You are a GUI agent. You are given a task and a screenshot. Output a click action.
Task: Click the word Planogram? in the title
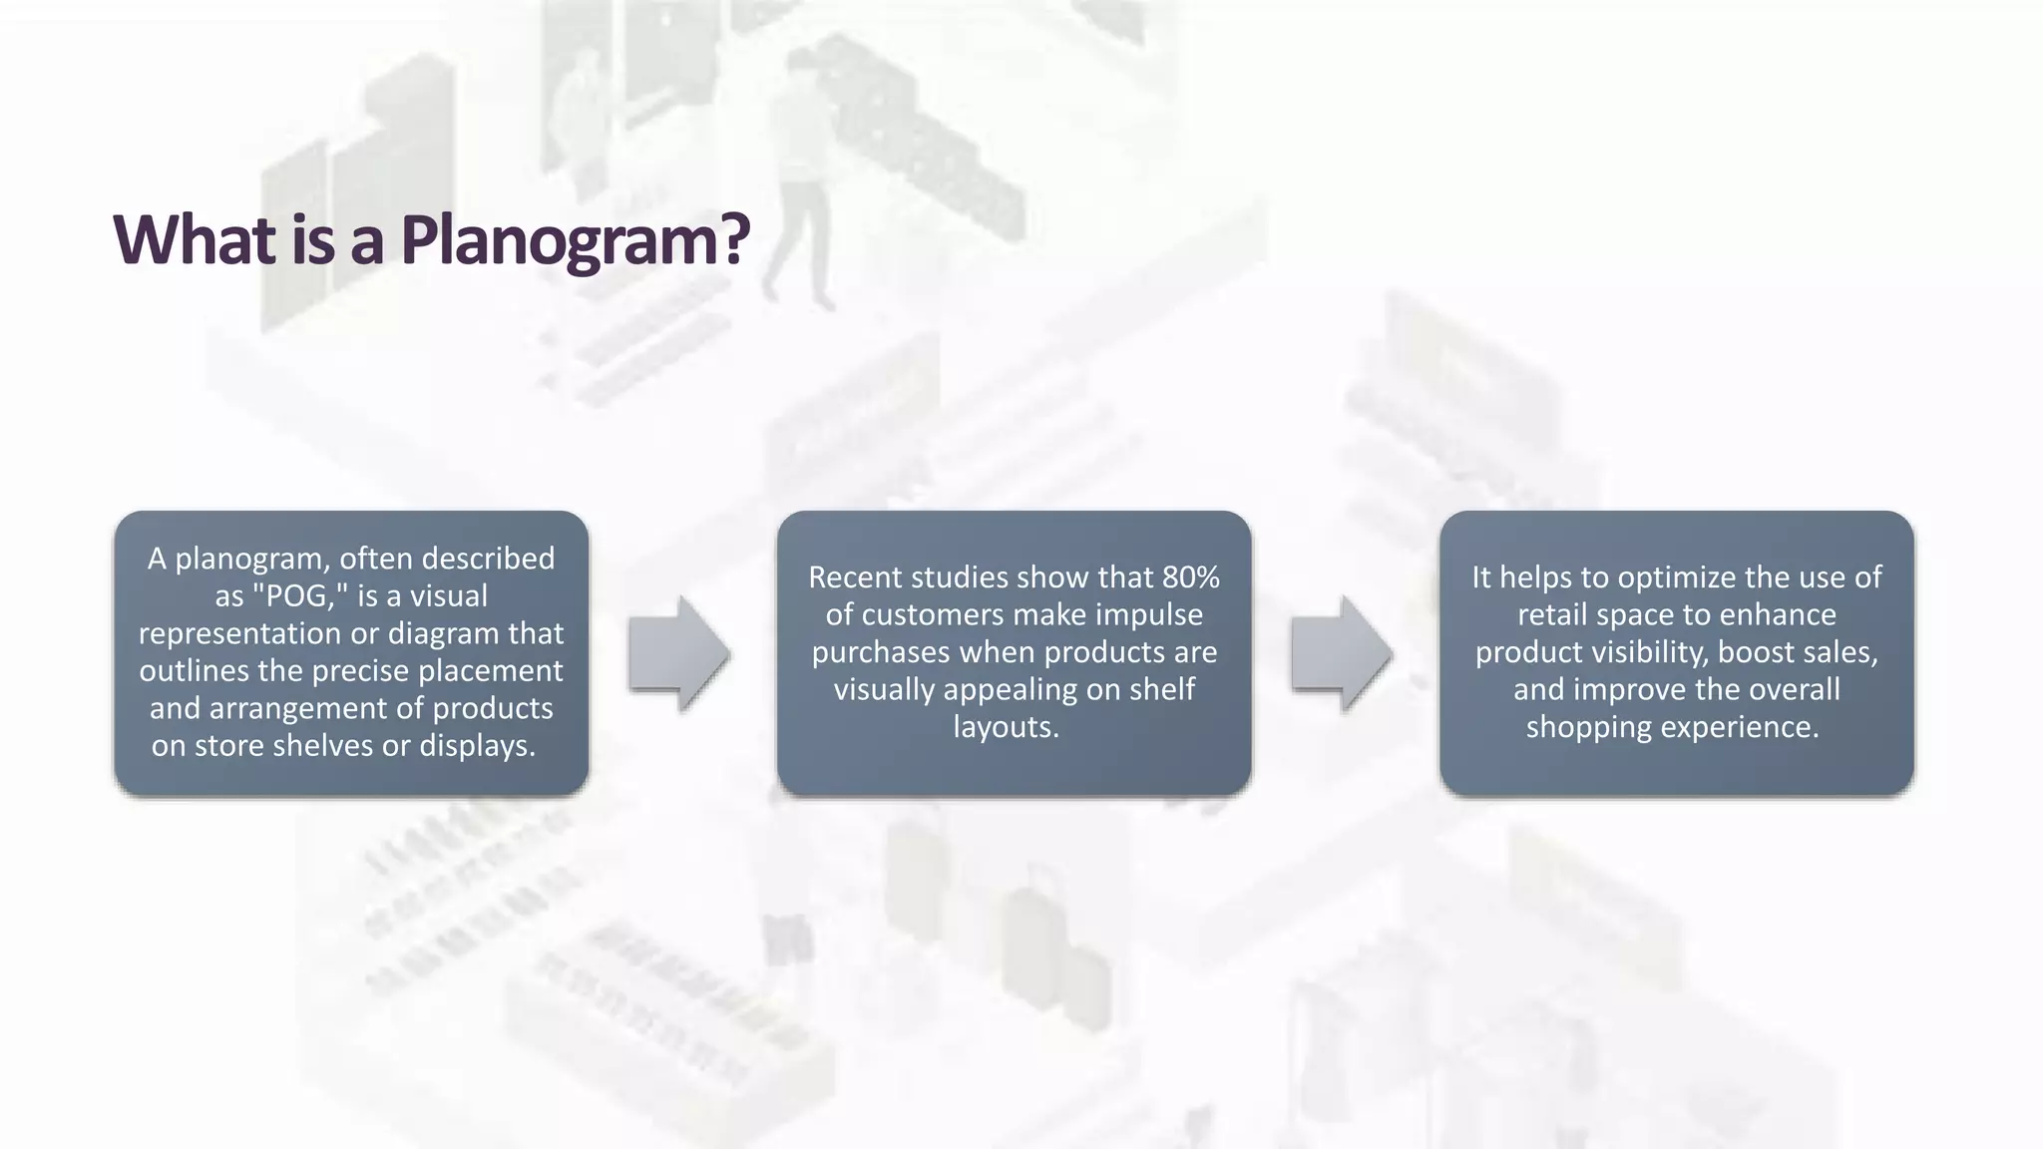575,240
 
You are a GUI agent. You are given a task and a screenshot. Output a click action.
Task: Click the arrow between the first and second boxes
679,654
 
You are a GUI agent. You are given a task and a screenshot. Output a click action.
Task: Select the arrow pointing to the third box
1342,654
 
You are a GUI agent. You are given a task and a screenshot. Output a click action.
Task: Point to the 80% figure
1191,577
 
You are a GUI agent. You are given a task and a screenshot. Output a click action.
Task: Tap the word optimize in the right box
1677,577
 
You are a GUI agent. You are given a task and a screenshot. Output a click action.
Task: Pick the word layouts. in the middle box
1006,727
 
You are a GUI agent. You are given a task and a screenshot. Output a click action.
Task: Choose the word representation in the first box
238,633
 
